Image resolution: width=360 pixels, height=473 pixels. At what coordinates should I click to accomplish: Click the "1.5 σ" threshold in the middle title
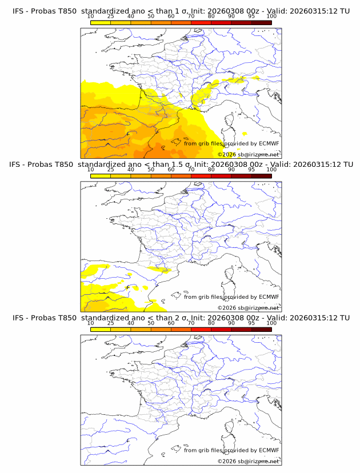coord(185,165)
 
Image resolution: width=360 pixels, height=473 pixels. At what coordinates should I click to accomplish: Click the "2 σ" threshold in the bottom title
coord(182,318)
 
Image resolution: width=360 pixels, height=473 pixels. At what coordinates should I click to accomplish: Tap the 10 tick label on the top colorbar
coord(91,17)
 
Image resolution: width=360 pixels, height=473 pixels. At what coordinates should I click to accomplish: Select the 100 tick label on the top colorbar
coord(271,17)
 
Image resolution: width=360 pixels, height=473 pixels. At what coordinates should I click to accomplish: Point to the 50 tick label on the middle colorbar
coord(151,170)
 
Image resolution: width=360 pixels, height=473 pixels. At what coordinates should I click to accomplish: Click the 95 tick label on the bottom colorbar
coord(251,323)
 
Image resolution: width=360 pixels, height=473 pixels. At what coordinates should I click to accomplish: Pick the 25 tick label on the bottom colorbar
coord(111,323)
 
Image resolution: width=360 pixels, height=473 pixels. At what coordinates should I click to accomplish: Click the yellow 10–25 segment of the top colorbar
coord(101,22)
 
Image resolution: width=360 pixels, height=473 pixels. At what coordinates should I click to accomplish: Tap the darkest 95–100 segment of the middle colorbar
coord(261,176)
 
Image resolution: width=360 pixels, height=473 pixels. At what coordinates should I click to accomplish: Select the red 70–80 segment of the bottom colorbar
coord(201,329)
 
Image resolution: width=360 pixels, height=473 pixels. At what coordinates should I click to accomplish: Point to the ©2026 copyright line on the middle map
coord(248,307)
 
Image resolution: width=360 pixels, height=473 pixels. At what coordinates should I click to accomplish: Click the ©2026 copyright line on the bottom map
coord(248,461)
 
